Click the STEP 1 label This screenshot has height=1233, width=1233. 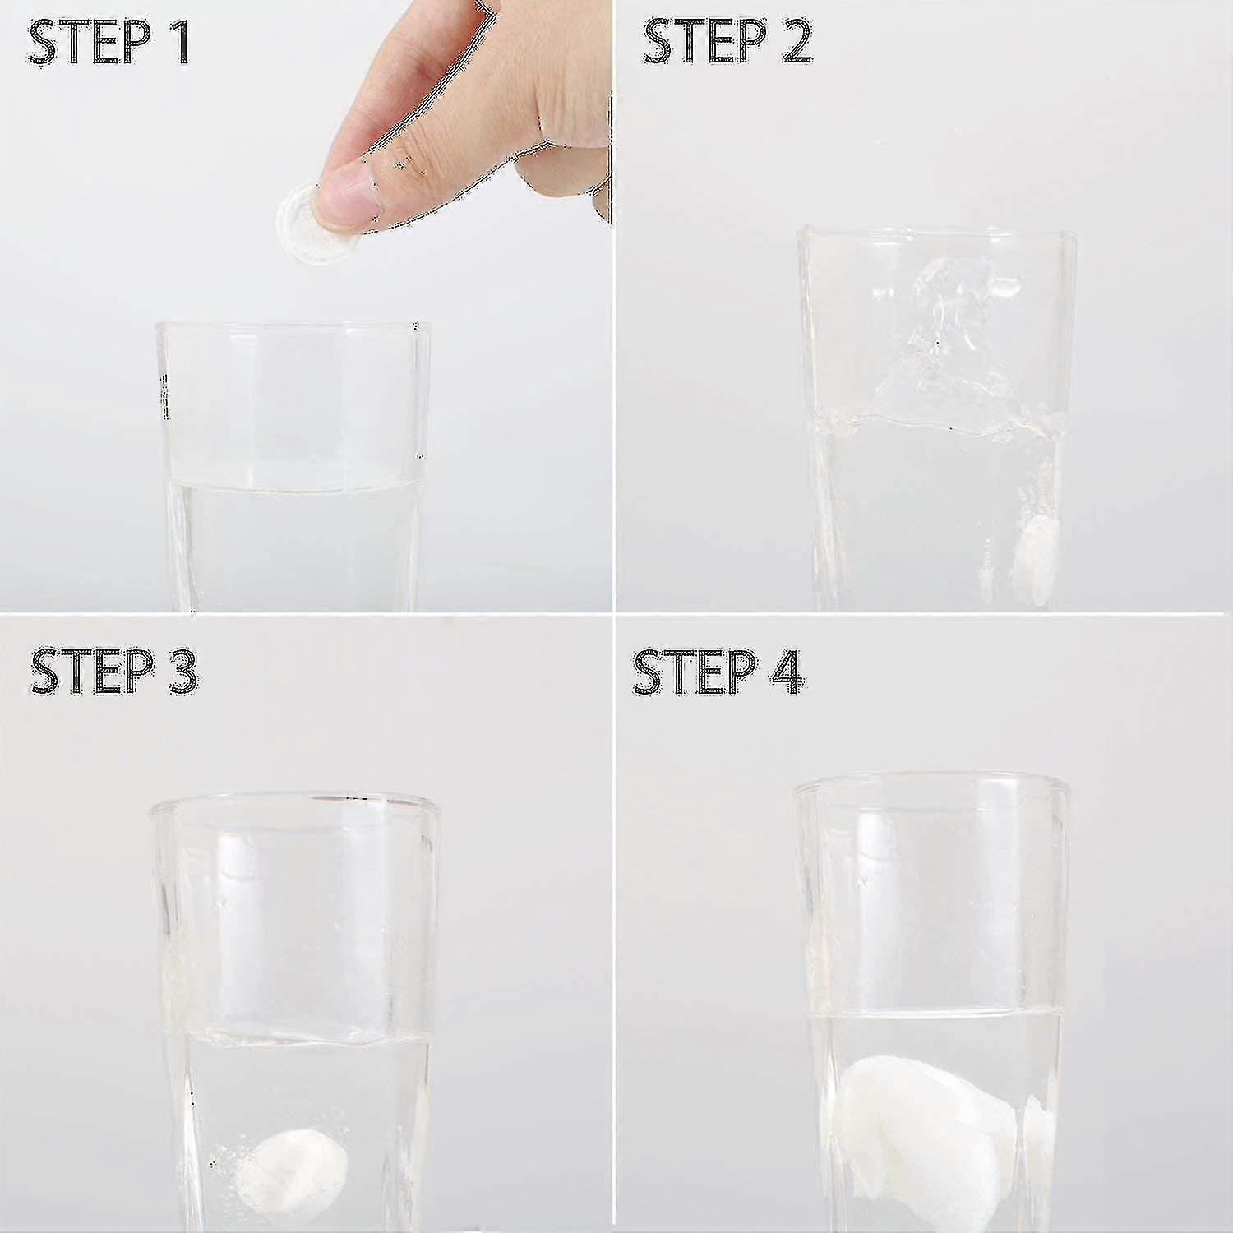point(109,44)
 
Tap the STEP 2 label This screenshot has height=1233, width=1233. point(727,42)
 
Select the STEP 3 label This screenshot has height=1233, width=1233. point(113,672)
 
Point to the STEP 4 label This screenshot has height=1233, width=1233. point(717,672)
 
